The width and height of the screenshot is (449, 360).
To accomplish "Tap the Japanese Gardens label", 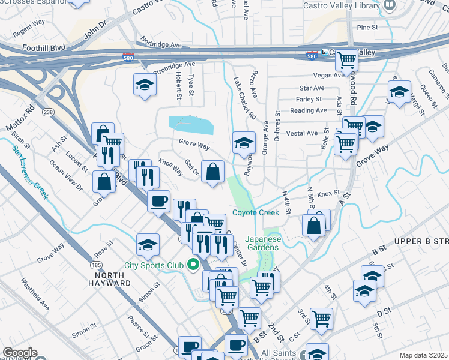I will tap(262, 242).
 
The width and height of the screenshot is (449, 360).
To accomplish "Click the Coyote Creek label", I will tap(256, 213).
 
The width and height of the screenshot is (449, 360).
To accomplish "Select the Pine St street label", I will tap(367, 28).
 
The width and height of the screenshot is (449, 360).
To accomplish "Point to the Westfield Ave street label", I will tap(35, 293).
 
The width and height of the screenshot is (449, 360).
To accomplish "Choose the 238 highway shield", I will tap(48, 112).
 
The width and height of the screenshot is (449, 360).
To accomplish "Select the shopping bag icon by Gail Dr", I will tap(213, 172).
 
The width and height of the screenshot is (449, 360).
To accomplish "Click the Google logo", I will tap(20, 353).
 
